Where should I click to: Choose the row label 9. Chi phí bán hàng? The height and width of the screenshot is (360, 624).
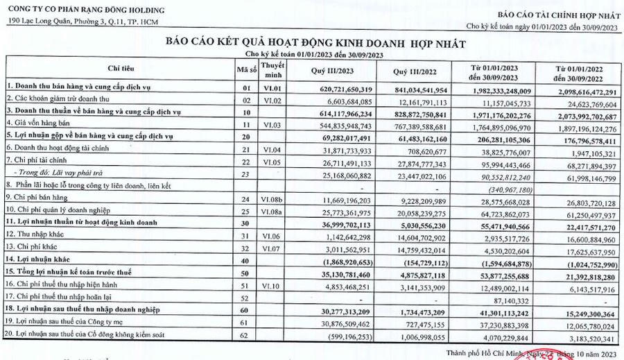39,200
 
